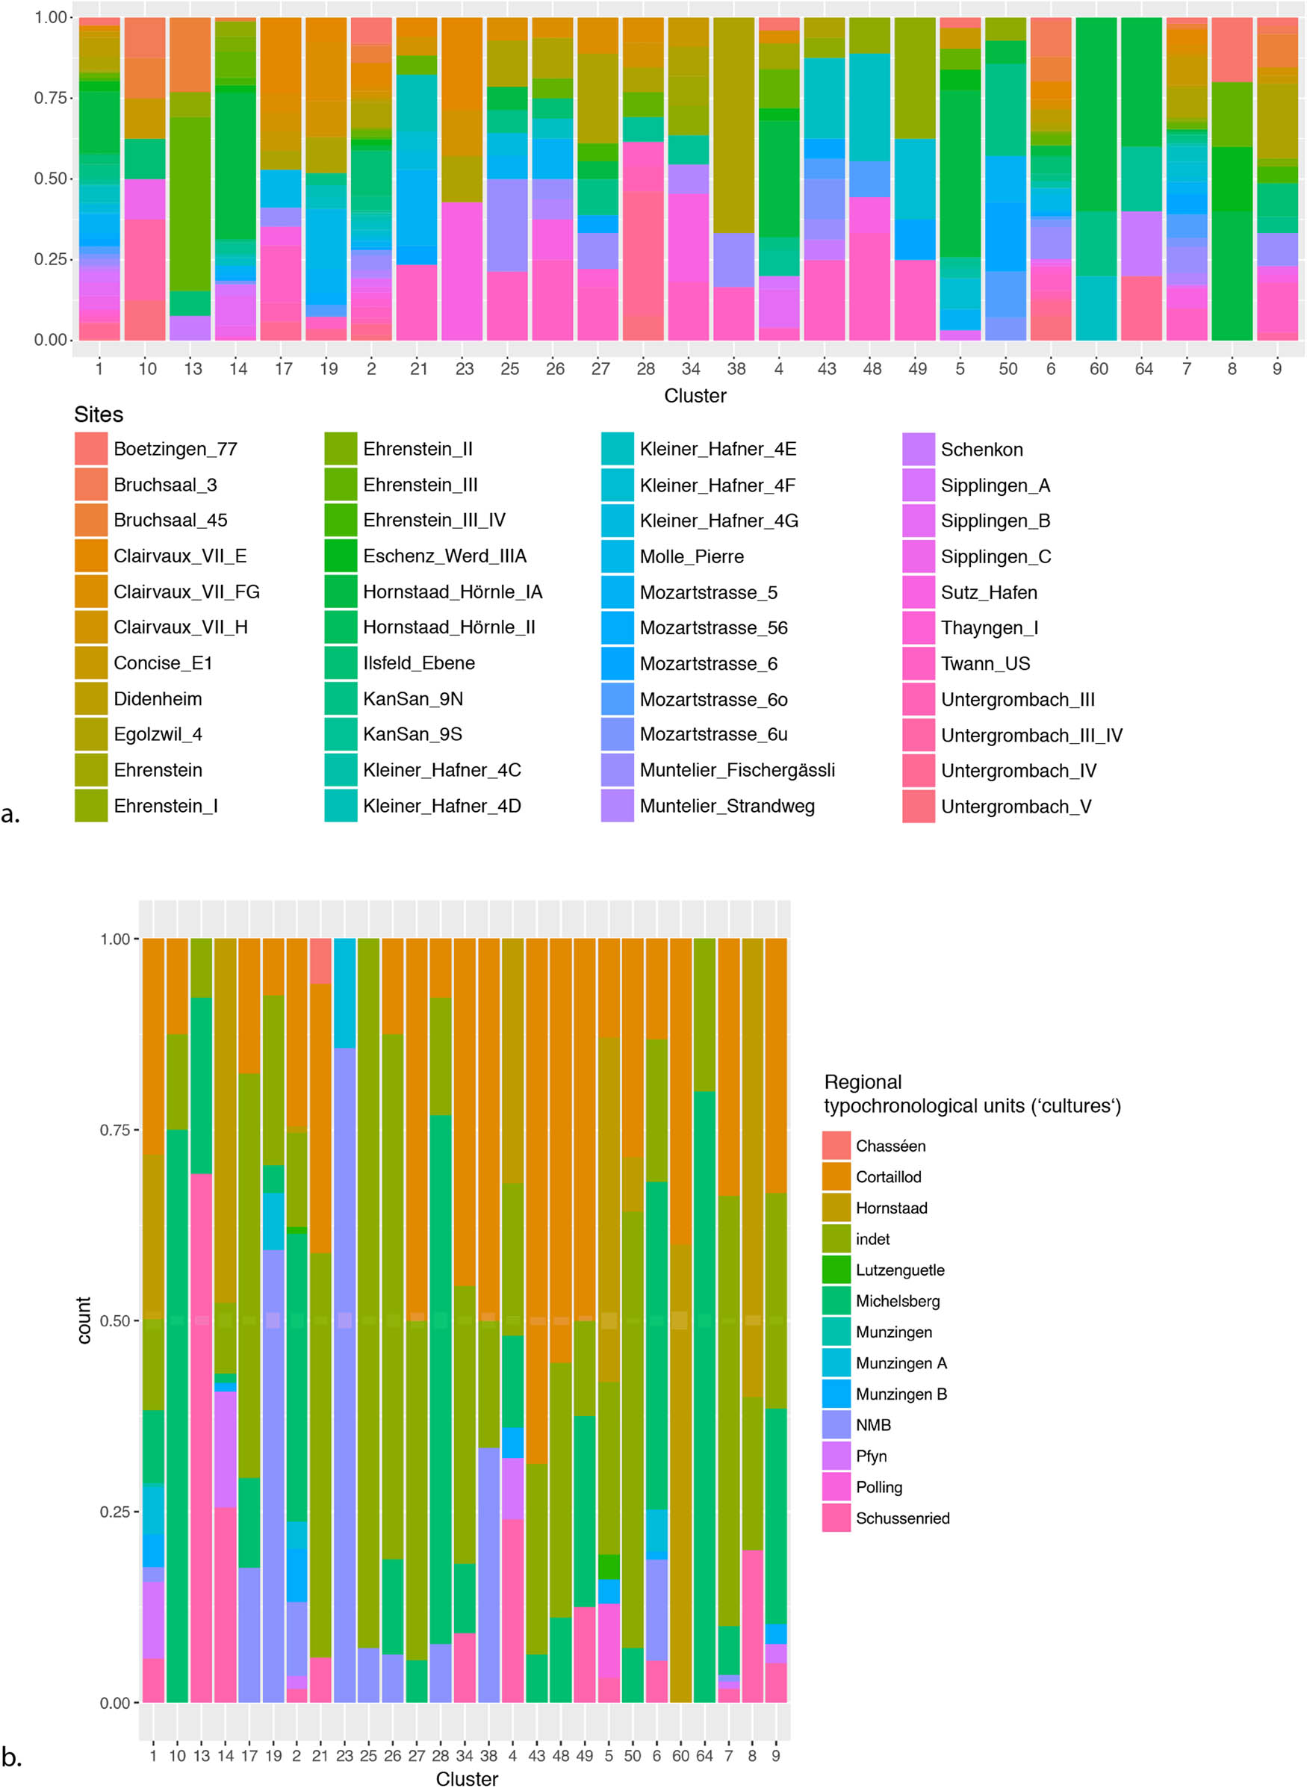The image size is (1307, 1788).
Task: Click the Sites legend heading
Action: (98, 415)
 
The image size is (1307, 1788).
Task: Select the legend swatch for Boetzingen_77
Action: (91, 449)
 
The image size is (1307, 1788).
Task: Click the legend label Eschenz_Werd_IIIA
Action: (444, 556)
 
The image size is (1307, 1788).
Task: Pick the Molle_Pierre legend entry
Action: (691, 556)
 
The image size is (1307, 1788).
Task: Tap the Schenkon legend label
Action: (981, 450)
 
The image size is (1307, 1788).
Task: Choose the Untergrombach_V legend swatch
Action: (918, 806)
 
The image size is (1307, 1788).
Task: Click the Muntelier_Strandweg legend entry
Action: (726, 806)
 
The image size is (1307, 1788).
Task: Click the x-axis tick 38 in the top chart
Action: (736, 369)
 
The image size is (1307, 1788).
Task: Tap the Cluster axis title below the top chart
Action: (695, 396)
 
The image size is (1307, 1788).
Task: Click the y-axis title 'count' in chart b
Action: (84, 1320)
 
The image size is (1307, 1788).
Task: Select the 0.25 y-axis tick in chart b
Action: (115, 1511)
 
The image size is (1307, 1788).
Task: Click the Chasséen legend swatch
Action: (836, 1146)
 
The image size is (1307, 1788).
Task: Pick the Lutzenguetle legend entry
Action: (899, 1270)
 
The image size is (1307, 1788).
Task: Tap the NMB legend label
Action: (872, 1425)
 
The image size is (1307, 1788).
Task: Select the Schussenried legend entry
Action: (902, 1518)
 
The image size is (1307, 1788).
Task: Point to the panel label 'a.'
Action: (11, 813)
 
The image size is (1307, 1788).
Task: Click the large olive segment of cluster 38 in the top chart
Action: (733, 126)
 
